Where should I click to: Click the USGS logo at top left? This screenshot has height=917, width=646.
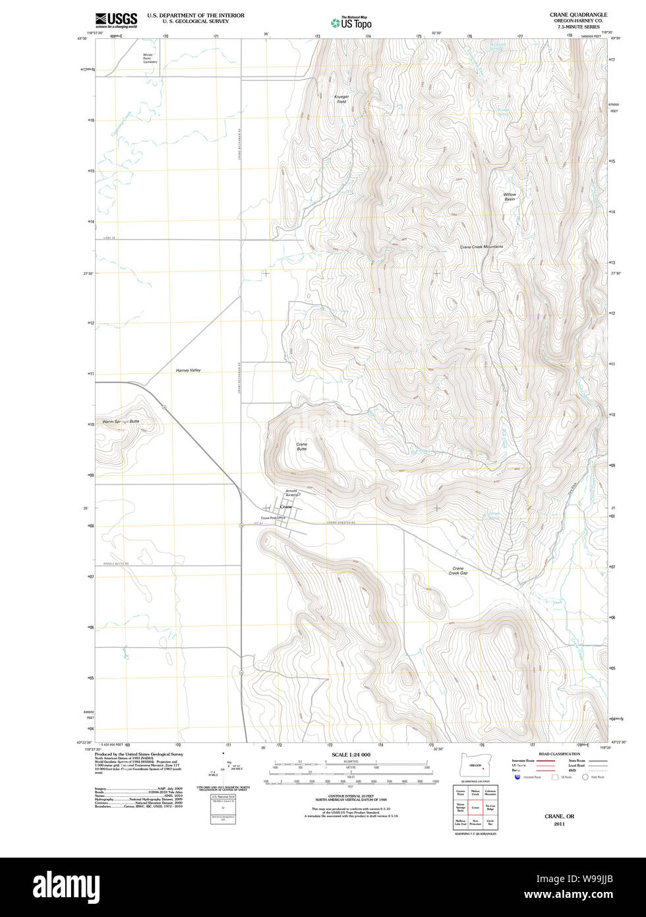point(116,19)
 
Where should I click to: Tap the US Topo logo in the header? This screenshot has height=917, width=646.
point(352,22)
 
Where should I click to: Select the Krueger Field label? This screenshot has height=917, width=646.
point(341,99)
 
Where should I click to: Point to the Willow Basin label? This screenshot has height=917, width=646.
point(510,197)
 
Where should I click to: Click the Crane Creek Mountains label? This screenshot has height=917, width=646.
point(481,247)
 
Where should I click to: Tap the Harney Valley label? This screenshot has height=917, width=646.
point(188,371)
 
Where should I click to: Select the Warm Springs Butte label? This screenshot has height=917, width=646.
point(121,421)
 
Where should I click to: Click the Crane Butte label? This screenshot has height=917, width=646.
point(301,447)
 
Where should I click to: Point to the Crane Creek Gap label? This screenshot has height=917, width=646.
point(458,571)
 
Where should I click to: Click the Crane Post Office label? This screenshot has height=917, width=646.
point(273,518)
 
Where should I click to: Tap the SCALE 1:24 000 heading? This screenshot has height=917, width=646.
point(351,755)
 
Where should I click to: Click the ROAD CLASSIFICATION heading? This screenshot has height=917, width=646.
point(559,754)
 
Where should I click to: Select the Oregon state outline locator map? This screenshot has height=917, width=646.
point(475,767)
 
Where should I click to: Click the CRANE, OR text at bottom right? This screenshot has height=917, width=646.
point(559,816)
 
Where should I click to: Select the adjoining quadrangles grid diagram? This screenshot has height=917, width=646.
point(475,807)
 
